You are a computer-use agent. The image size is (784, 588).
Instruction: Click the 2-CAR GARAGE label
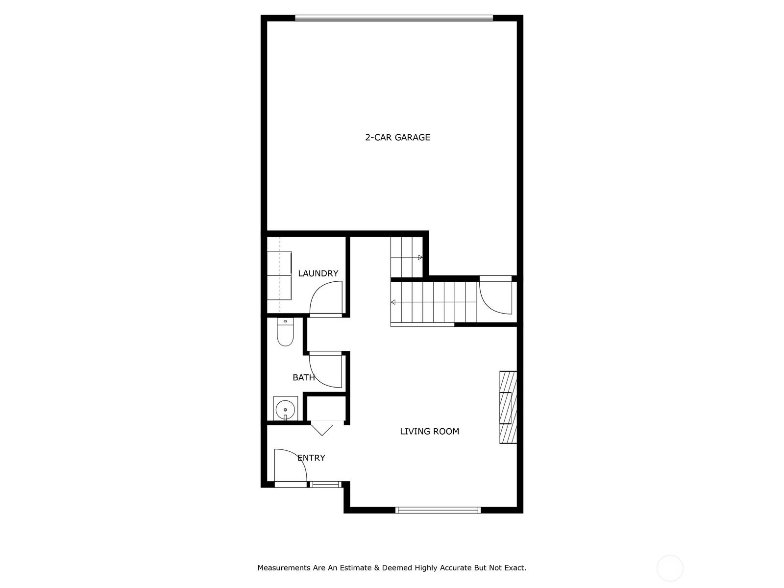point(397,138)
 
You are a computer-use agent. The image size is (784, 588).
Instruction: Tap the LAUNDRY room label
point(318,273)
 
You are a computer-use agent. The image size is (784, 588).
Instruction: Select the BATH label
point(304,377)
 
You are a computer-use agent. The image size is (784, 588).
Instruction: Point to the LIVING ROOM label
point(429,431)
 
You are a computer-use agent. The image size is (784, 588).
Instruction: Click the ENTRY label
point(311,458)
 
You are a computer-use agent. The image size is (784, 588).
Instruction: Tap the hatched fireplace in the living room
point(508,407)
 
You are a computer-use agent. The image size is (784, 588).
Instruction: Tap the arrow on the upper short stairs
point(420,257)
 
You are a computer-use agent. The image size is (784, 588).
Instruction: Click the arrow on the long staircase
point(393,302)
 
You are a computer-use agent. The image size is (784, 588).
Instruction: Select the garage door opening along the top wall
point(393,18)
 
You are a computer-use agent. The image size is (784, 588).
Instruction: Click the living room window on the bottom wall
point(438,510)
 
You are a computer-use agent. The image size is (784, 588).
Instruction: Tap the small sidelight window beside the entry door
point(325,485)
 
